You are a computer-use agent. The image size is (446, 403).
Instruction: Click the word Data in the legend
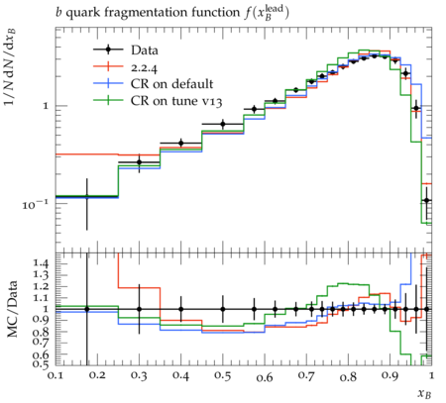[145, 50]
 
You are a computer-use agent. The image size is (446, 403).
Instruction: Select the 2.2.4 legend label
[144, 67]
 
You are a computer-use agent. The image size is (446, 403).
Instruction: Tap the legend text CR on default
[171, 84]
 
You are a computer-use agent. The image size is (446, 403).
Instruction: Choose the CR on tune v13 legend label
[176, 101]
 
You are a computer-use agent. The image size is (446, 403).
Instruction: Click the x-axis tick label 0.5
[223, 376]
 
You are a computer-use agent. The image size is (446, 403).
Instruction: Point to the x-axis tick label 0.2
[97, 376]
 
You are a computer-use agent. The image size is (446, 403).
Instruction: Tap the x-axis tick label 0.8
[348, 376]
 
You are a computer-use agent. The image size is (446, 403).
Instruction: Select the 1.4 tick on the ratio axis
[41, 263]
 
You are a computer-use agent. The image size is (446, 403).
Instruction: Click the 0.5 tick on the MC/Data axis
[41, 363]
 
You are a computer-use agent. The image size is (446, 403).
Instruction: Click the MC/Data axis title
[12, 309]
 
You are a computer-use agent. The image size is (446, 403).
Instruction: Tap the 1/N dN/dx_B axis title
[11, 66]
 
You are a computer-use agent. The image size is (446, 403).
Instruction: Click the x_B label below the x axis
[424, 393]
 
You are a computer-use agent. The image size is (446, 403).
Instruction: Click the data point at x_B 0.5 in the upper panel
[223, 125]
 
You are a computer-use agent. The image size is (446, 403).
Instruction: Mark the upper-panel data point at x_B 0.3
[139, 162]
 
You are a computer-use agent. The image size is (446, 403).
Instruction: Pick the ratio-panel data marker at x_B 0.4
[180, 309]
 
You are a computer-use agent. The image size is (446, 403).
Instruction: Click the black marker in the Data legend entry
[108, 50]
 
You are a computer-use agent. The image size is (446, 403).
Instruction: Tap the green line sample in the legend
[108, 101]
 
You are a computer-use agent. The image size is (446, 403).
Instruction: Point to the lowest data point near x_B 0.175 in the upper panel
[87, 197]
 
